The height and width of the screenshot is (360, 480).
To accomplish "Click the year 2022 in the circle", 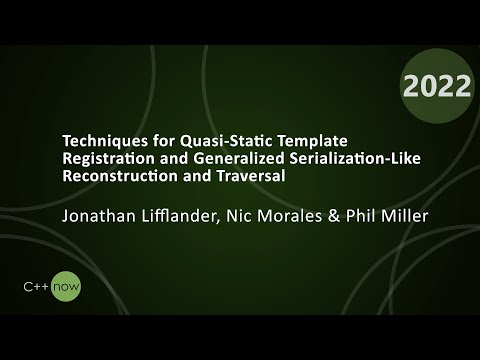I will click(x=437, y=87).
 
